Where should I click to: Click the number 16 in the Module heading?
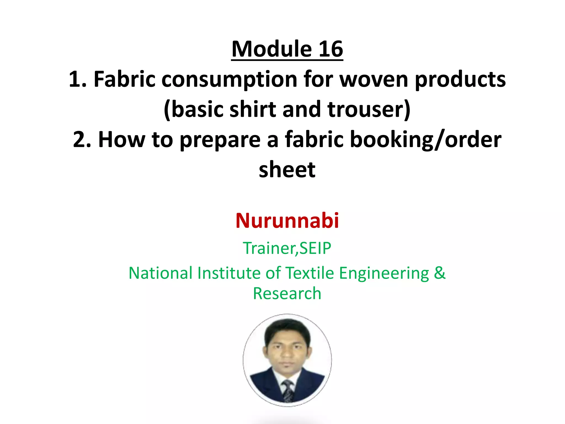(331, 49)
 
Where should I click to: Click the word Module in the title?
(272, 49)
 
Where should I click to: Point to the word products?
(460, 79)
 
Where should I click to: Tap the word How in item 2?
(122, 139)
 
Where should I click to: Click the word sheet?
(287, 169)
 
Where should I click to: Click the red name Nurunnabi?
(287, 221)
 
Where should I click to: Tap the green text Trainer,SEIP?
(287, 248)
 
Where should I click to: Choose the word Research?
(287, 293)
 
